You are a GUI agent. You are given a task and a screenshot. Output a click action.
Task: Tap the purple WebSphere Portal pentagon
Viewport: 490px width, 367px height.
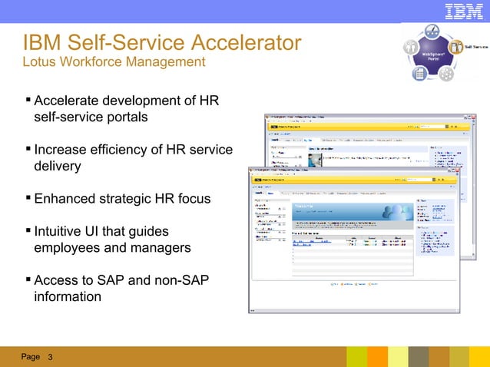coord(430,55)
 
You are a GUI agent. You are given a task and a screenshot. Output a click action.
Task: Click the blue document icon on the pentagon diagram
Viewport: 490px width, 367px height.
coord(420,74)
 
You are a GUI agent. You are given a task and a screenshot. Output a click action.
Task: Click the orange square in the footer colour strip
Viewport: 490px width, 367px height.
coord(377,356)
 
